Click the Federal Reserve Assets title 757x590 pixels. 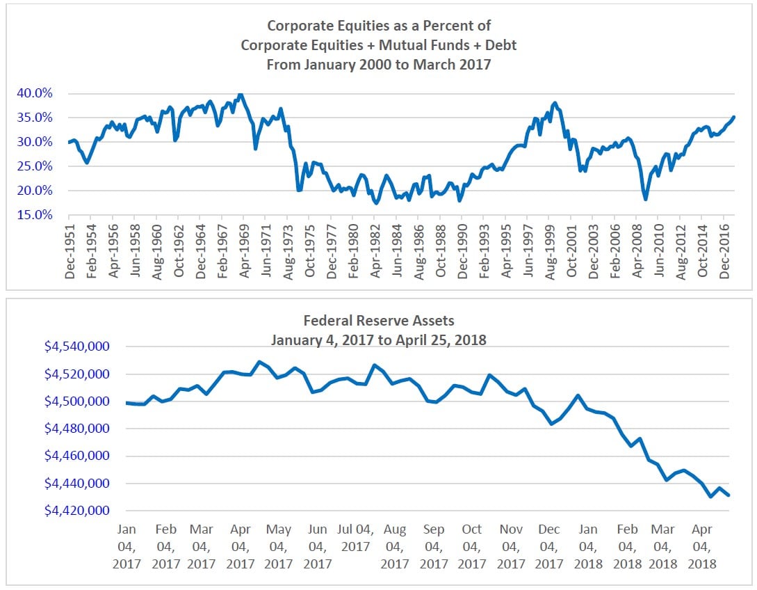click(x=378, y=321)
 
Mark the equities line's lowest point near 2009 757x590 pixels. click(x=646, y=200)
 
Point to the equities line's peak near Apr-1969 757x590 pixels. click(x=240, y=94)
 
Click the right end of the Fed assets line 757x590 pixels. click(x=728, y=495)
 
